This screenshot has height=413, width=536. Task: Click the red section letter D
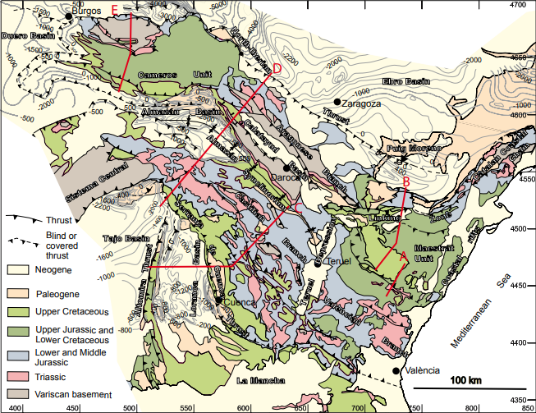277,69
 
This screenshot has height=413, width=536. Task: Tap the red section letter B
406,181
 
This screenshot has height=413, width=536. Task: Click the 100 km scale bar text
465,379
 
